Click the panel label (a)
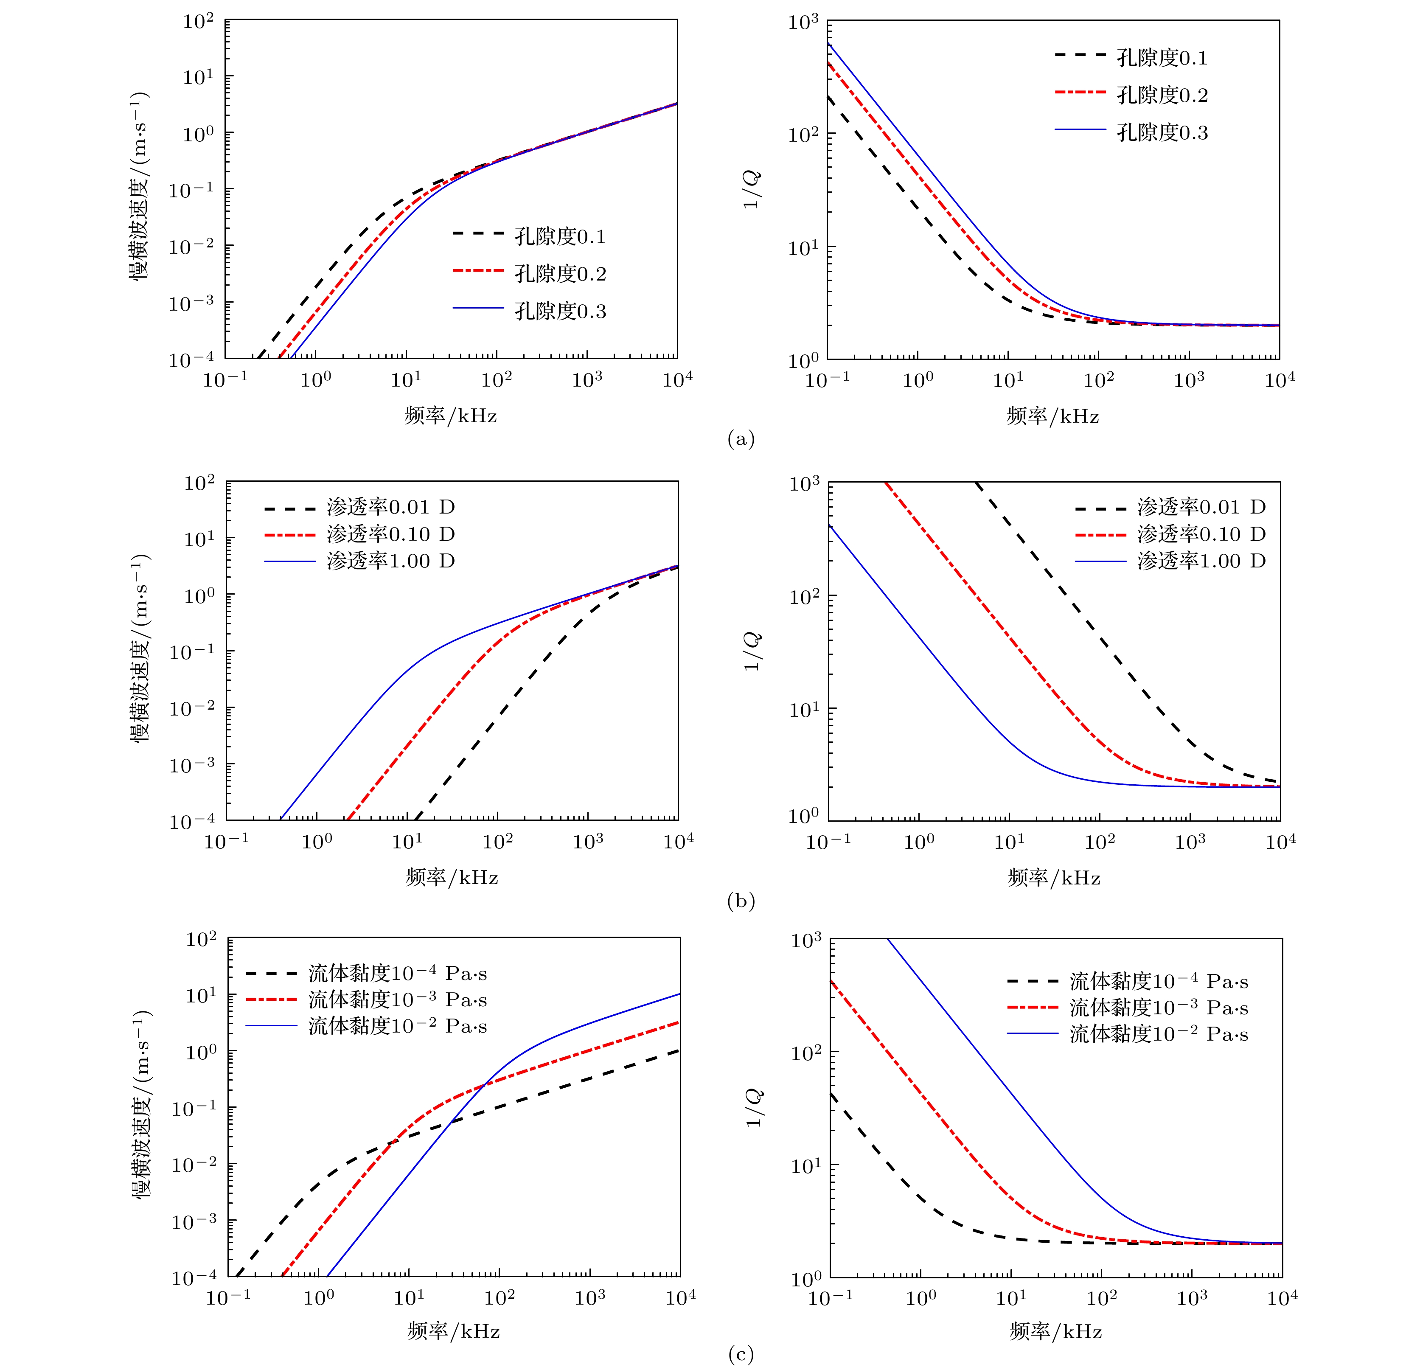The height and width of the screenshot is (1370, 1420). click(741, 439)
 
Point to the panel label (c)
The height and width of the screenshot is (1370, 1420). click(741, 1354)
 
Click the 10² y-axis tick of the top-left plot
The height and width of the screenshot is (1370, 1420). click(198, 22)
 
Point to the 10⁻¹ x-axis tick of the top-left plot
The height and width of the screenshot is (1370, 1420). click(225, 379)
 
